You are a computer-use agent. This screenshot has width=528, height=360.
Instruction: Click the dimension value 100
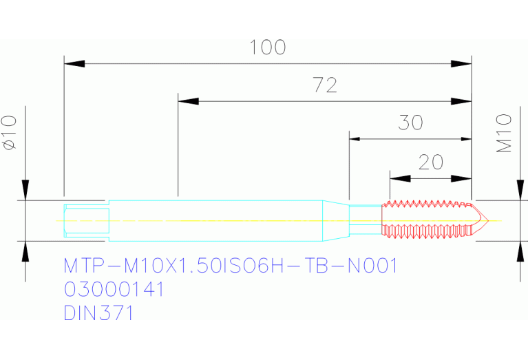point(268,47)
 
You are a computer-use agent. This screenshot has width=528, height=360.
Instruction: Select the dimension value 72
point(325,85)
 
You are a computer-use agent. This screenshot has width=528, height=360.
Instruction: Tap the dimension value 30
point(411,123)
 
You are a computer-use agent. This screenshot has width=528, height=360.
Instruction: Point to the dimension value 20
point(431,162)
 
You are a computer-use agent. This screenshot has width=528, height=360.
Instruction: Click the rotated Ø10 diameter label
point(10,132)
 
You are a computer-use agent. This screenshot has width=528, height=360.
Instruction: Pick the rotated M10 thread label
point(505,134)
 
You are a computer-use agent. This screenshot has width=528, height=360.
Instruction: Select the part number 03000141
point(114,289)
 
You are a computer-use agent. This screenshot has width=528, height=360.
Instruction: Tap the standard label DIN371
point(98,313)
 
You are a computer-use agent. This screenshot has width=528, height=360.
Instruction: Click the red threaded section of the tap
point(427,220)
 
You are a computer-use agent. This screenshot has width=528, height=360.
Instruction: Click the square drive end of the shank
point(86,220)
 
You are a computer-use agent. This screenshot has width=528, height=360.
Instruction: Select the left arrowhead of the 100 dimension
point(74,64)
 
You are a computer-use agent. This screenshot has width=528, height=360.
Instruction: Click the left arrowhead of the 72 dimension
point(188,101)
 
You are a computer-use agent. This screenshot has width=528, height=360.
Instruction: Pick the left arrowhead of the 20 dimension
point(399,178)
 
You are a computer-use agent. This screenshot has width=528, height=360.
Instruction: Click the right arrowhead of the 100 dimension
point(462,64)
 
